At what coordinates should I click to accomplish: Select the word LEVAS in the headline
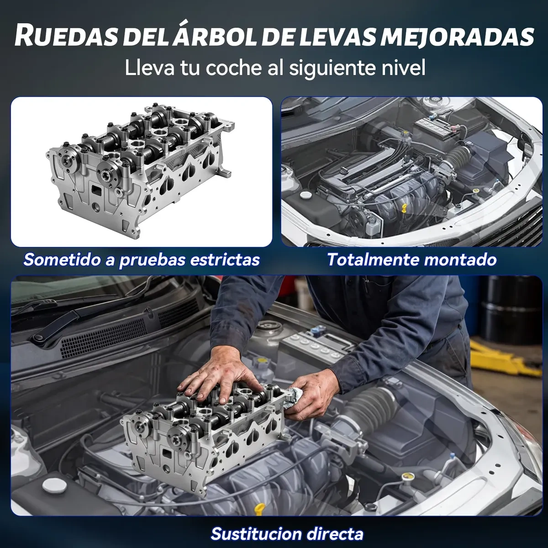[x=335, y=37]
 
